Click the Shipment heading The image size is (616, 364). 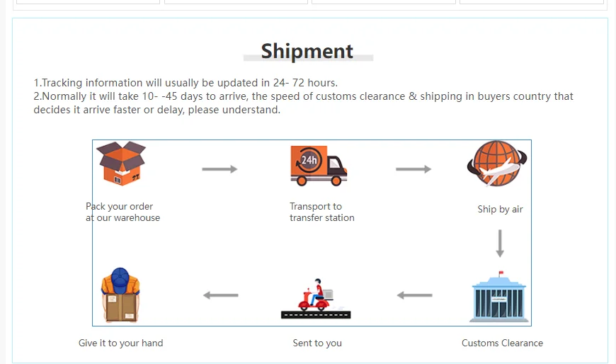pyautogui.click(x=307, y=51)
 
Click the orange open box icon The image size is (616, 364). pyautogui.click(x=120, y=164)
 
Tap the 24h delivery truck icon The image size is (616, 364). pyautogui.click(x=318, y=166)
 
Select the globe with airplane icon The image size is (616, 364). pyautogui.click(x=496, y=164)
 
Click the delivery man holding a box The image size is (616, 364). pyautogui.click(x=120, y=295)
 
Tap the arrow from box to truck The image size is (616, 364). pyautogui.click(x=219, y=169)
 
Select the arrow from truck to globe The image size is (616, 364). pyautogui.click(x=413, y=169)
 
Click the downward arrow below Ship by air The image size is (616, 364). pyautogui.click(x=500, y=243)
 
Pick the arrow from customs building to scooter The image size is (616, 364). pyautogui.click(x=414, y=295)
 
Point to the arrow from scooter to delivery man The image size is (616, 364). pyautogui.click(x=220, y=295)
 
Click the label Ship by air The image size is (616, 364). pyautogui.click(x=500, y=210)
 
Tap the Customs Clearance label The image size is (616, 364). pyautogui.click(x=502, y=343)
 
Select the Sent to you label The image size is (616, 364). pyautogui.click(x=317, y=343)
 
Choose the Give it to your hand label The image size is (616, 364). pyautogui.click(x=120, y=343)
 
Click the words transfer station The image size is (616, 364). pyautogui.click(x=322, y=218)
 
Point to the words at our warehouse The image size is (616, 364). pyautogui.click(x=123, y=218)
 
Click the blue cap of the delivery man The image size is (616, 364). pyautogui.click(x=120, y=278)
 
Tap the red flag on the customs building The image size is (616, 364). pyautogui.click(x=501, y=273)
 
